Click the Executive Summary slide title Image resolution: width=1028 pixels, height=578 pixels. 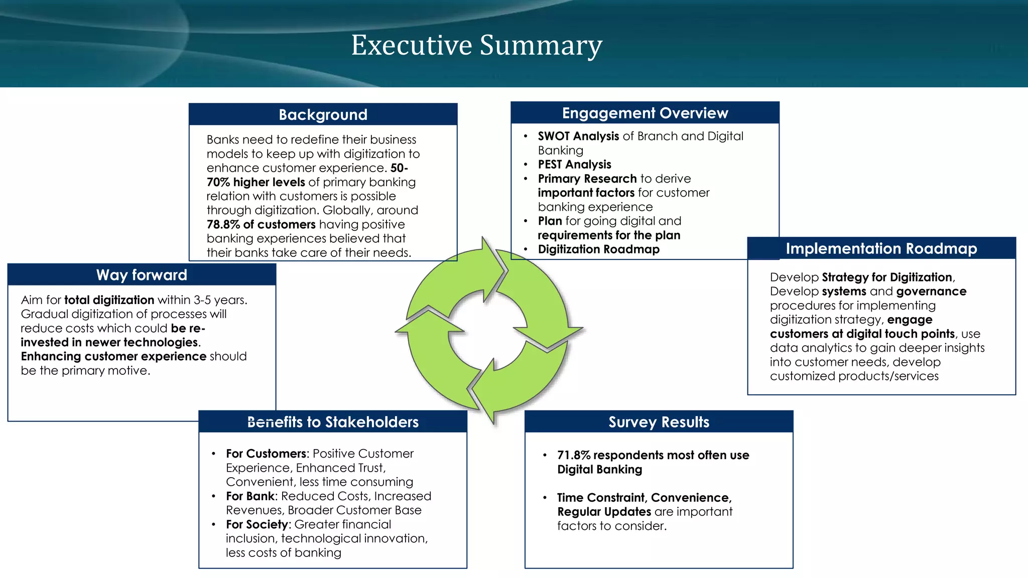click(x=476, y=45)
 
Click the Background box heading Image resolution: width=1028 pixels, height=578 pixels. click(x=323, y=115)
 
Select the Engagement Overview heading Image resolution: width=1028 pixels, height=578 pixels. click(x=645, y=113)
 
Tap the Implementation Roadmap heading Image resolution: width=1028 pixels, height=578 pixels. click(x=881, y=249)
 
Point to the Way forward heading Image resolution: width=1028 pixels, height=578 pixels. click(x=142, y=275)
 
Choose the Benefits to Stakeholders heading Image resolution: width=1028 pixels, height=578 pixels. click(x=332, y=422)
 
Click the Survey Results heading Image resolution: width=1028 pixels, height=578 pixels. click(x=659, y=422)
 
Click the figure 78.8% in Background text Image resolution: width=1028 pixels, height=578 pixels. click(x=223, y=224)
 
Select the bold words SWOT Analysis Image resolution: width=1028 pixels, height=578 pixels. click(x=578, y=136)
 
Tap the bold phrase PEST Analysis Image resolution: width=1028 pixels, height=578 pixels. click(x=574, y=165)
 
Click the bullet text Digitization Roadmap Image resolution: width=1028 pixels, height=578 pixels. click(x=598, y=249)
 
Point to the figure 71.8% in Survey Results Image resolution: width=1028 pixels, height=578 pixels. click(x=573, y=455)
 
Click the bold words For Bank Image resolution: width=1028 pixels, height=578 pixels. click(x=250, y=496)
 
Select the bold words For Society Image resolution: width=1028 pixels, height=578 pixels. click(x=257, y=524)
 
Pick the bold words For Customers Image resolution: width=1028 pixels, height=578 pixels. click(x=266, y=454)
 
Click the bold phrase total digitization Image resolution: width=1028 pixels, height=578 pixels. click(x=109, y=300)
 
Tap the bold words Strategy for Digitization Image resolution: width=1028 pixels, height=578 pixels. click(x=886, y=277)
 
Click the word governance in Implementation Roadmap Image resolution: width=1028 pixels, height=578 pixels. click(x=931, y=292)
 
